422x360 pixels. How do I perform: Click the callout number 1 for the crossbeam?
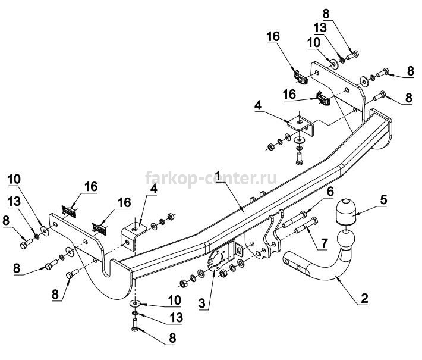[x=218, y=176]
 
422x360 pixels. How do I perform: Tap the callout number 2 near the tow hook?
[x=364, y=298]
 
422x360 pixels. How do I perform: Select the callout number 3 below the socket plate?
[x=202, y=303]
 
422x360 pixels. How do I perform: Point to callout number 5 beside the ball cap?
[x=383, y=200]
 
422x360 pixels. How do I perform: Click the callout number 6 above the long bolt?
[x=330, y=192]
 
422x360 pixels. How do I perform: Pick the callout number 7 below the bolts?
[x=323, y=243]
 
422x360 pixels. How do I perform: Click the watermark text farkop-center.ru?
[x=211, y=178]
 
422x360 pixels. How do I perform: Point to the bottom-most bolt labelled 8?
[x=136, y=325]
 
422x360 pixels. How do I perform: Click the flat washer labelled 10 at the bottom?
[x=134, y=303]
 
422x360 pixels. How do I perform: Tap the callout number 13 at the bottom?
[x=177, y=317]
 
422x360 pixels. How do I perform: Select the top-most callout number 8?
[x=326, y=14]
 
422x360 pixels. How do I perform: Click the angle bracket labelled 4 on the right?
[x=301, y=126]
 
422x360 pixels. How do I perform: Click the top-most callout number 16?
[x=273, y=36]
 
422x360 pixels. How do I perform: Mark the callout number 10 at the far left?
[x=14, y=179]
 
